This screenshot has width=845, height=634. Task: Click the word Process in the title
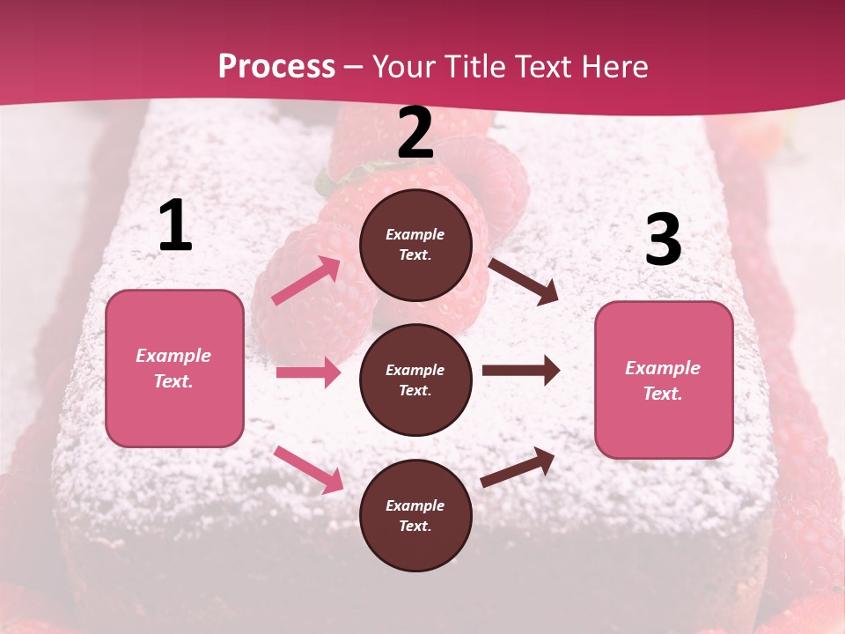276,67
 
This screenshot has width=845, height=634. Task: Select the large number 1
175,226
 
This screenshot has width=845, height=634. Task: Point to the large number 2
415,133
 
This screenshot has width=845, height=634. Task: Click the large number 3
663,240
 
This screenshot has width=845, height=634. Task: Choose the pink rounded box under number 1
174,368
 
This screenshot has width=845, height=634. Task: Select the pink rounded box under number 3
664,380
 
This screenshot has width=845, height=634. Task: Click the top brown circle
415,245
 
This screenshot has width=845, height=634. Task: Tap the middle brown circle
415,380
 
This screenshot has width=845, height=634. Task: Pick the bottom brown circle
415,516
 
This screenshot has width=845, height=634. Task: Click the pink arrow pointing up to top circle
306,281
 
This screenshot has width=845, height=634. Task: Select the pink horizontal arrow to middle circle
308,372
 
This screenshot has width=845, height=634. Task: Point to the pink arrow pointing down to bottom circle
308,469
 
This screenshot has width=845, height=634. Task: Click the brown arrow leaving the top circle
523,282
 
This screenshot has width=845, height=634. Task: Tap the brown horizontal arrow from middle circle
521,371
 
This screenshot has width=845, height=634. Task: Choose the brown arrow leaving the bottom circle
518,467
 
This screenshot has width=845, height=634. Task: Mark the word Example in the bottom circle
415,505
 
